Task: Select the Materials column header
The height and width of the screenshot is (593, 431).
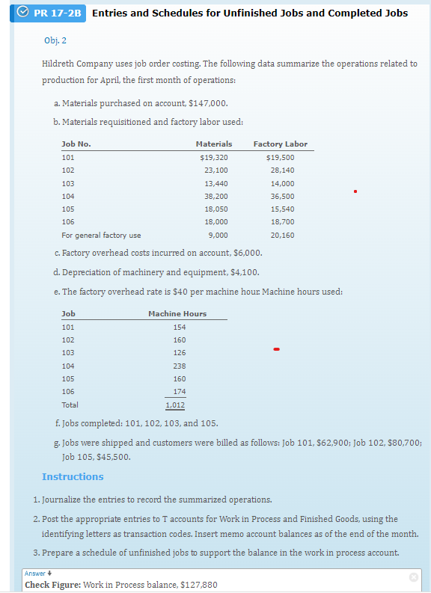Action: tap(213, 144)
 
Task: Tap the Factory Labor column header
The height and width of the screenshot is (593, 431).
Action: tap(280, 144)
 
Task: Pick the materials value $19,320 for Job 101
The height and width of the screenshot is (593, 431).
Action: tap(214, 157)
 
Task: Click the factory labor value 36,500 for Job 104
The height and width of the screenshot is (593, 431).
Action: tap(281, 196)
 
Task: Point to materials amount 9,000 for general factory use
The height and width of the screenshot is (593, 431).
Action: tap(218, 235)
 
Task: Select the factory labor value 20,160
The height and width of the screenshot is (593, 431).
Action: tap(281, 235)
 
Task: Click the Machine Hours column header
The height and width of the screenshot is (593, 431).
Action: tap(177, 313)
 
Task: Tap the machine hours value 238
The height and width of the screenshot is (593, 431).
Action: tap(179, 366)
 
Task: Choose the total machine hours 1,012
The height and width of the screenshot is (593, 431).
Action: tap(175, 405)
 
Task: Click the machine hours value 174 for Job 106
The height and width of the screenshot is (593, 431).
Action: tap(179, 392)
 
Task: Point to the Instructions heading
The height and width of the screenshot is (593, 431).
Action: tap(73, 476)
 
